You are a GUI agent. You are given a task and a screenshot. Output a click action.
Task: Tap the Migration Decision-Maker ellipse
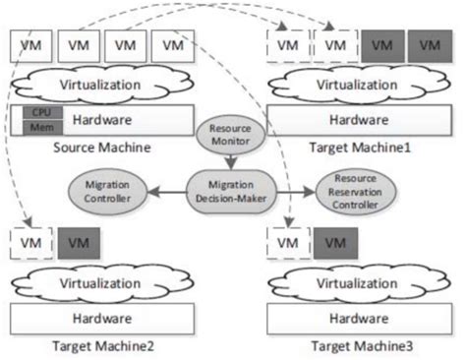click(233, 187)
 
